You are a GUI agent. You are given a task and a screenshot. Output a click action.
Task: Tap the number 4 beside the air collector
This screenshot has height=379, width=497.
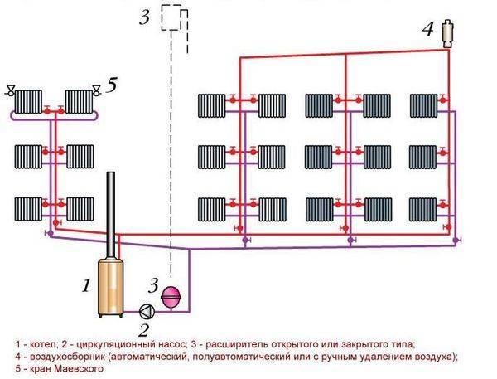427,30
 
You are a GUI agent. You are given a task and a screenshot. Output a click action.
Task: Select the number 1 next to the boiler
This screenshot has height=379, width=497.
84,286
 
